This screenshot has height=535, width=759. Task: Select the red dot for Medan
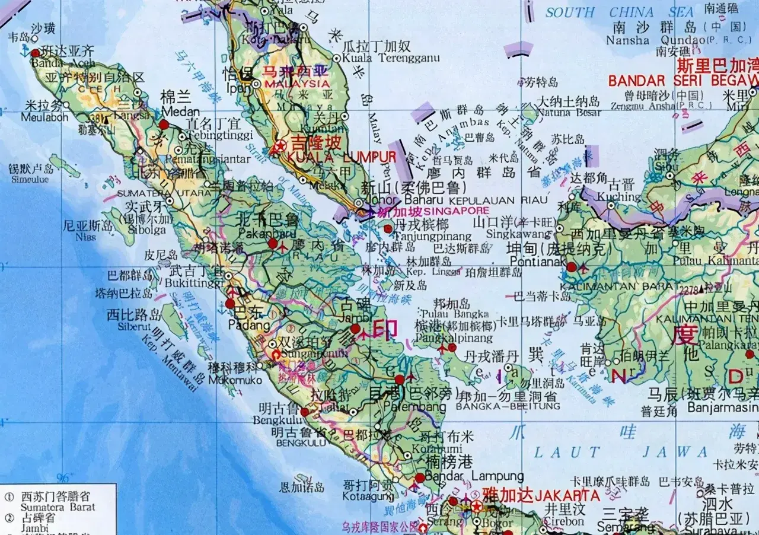(164, 125)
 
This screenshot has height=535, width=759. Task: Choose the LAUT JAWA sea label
(620, 453)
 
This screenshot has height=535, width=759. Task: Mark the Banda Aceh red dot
(35, 53)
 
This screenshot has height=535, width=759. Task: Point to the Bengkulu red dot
(305, 412)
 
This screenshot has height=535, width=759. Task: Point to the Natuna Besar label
(569, 112)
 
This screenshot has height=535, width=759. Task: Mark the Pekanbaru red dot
(273, 243)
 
